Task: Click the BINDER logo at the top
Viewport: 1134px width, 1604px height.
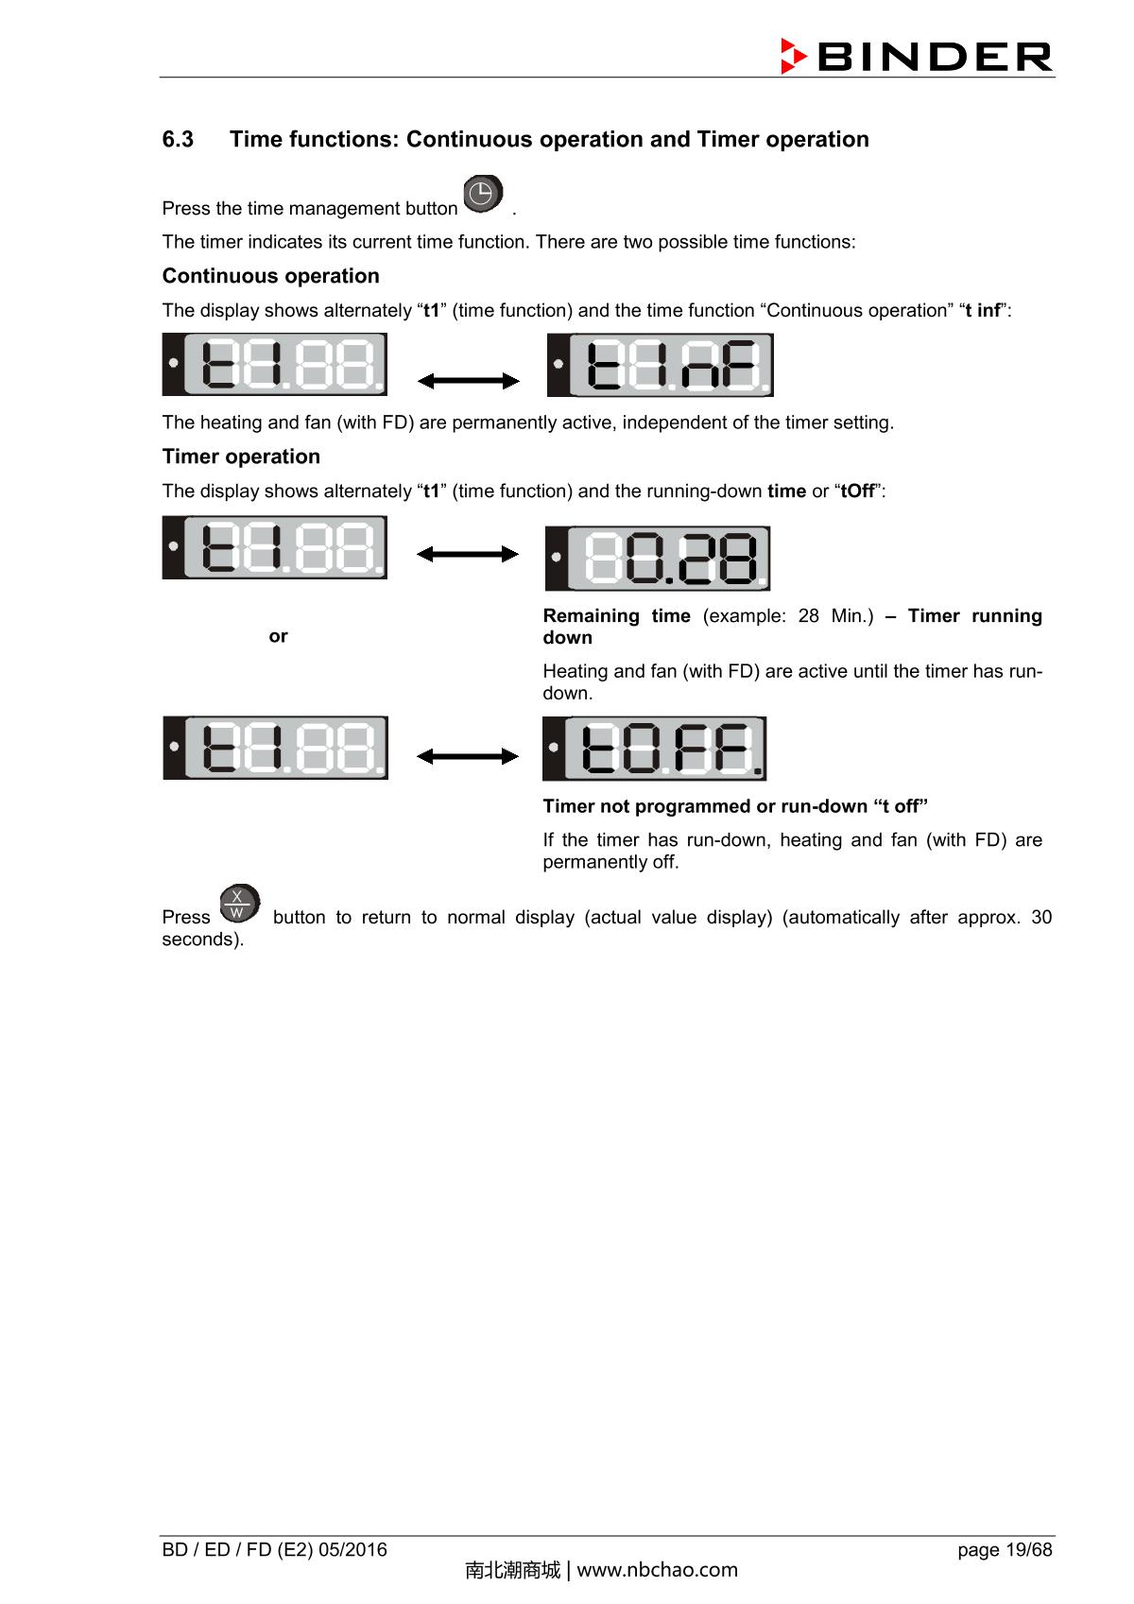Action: tap(916, 57)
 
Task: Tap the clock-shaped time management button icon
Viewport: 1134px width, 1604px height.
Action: tap(482, 194)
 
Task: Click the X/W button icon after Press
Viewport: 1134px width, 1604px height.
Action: tap(238, 905)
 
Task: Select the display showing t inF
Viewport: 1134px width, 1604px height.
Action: tap(660, 365)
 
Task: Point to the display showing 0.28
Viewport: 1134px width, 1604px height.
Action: tap(658, 558)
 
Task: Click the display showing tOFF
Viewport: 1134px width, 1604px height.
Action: tap(654, 749)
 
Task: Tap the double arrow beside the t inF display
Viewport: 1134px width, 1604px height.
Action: tap(468, 381)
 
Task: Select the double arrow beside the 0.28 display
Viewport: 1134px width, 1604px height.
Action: tap(468, 554)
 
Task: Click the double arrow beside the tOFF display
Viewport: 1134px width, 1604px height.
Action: tap(468, 756)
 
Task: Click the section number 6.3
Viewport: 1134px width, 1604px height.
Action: tap(178, 140)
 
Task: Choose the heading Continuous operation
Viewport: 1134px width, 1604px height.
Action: tap(270, 276)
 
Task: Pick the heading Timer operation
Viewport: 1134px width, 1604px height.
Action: tap(241, 457)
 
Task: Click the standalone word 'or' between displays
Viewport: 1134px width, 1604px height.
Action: tap(278, 636)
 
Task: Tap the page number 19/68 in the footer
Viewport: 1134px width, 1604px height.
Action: tap(1028, 1550)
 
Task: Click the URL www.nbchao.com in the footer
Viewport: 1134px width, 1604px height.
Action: tap(657, 1571)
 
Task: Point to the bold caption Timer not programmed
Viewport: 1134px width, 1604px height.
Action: tap(647, 806)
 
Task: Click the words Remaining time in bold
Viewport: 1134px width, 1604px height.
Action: tap(616, 616)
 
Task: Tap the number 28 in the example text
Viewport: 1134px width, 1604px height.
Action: tap(808, 616)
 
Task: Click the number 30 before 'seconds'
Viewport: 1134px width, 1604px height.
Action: tap(1040, 918)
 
